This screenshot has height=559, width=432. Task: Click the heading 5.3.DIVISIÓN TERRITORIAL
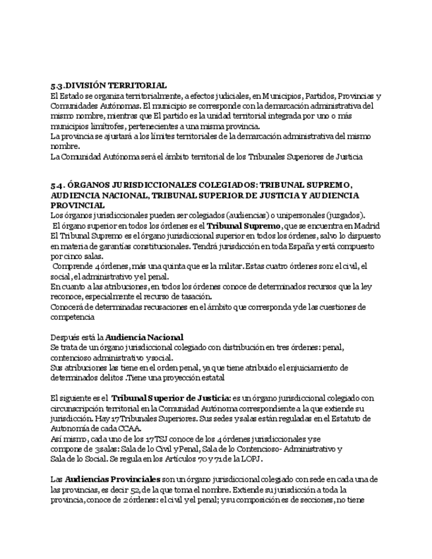coord(108,86)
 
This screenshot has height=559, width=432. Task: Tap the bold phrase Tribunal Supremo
coord(243,225)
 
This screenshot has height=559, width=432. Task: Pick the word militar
coord(226,266)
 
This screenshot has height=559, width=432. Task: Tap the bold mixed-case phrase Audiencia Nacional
coord(144,338)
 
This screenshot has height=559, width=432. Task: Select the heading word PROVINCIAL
coord(77,205)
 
